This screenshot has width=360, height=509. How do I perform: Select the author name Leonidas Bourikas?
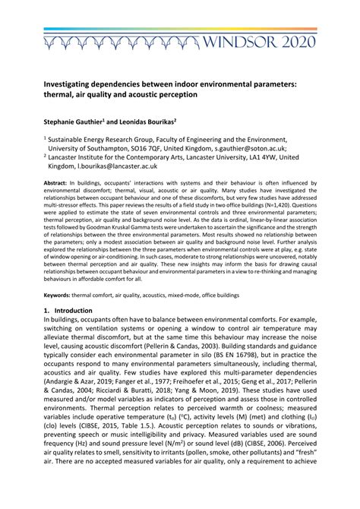[145, 120]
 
